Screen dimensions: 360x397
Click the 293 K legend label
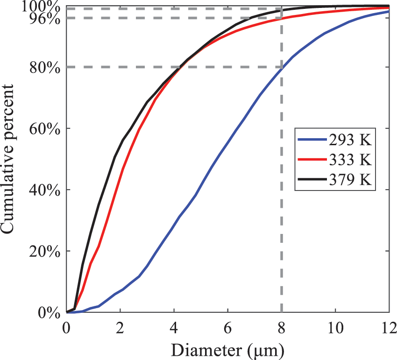point(349,140)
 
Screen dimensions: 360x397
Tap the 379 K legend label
point(349,179)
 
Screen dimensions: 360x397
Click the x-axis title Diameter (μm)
point(227,348)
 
